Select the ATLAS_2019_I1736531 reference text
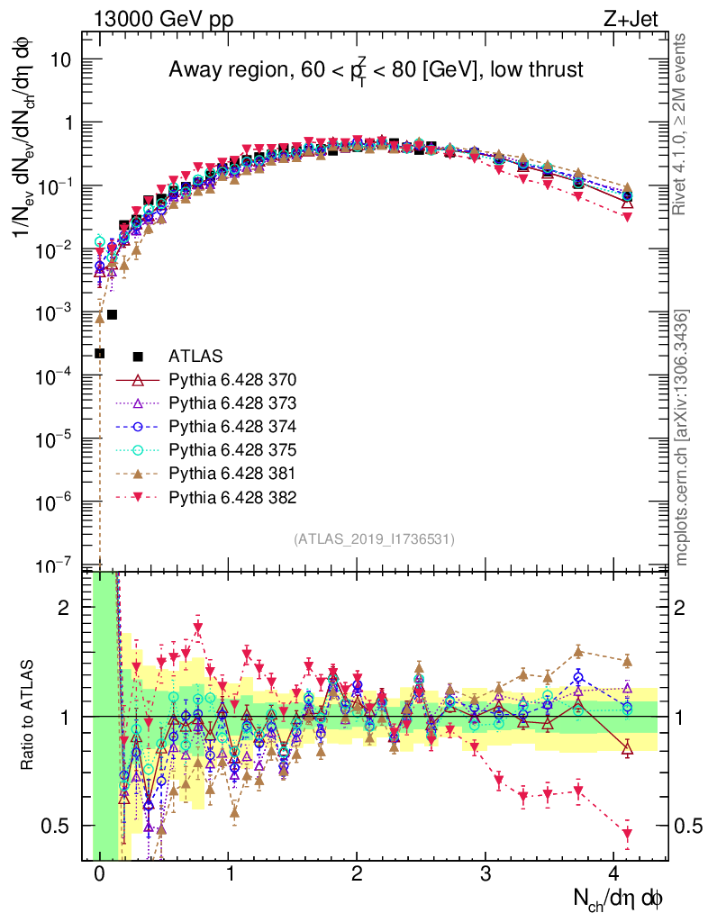tap(374, 539)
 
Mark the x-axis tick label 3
tap(486, 873)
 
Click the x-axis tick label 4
tap(615, 873)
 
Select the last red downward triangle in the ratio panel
tap(627, 834)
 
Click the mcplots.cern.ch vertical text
tap(682, 438)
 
